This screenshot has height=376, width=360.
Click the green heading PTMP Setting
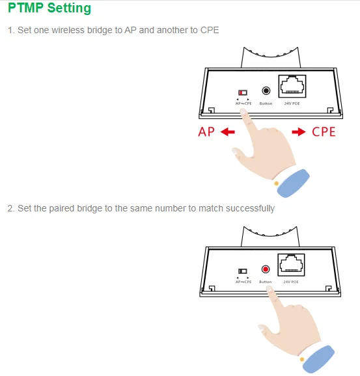(x=49, y=8)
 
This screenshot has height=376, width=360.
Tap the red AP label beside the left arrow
(x=206, y=132)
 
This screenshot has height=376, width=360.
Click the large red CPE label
(x=324, y=132)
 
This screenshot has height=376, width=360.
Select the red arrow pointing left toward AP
(x=227, y=132)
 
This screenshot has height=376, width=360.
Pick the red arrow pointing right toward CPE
(x=299, y=132)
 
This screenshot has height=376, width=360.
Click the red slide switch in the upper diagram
(x=243, y=92)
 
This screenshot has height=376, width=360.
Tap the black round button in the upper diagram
(x=266, y=91)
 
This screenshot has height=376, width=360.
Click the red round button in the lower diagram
(x=266, y=269)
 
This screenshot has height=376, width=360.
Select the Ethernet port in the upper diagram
(x=292, y=87)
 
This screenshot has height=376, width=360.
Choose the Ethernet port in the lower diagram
(x=291, y=265)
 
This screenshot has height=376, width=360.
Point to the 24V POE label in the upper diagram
(x=292, y=103)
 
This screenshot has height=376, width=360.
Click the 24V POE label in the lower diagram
(x=291, y=282)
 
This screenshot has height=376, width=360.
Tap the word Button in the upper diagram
(x=266, y=103)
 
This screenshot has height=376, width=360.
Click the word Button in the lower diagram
(x=266, y=282)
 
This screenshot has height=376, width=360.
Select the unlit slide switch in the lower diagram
(x=242, y=271)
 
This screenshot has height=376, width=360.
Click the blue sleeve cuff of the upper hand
(x=294, y=183)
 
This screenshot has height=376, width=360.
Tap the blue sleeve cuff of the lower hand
(x=319, y=359)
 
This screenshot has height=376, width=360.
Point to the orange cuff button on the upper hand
(x=276, y=183)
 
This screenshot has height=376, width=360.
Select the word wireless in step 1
(x=68, y=30)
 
